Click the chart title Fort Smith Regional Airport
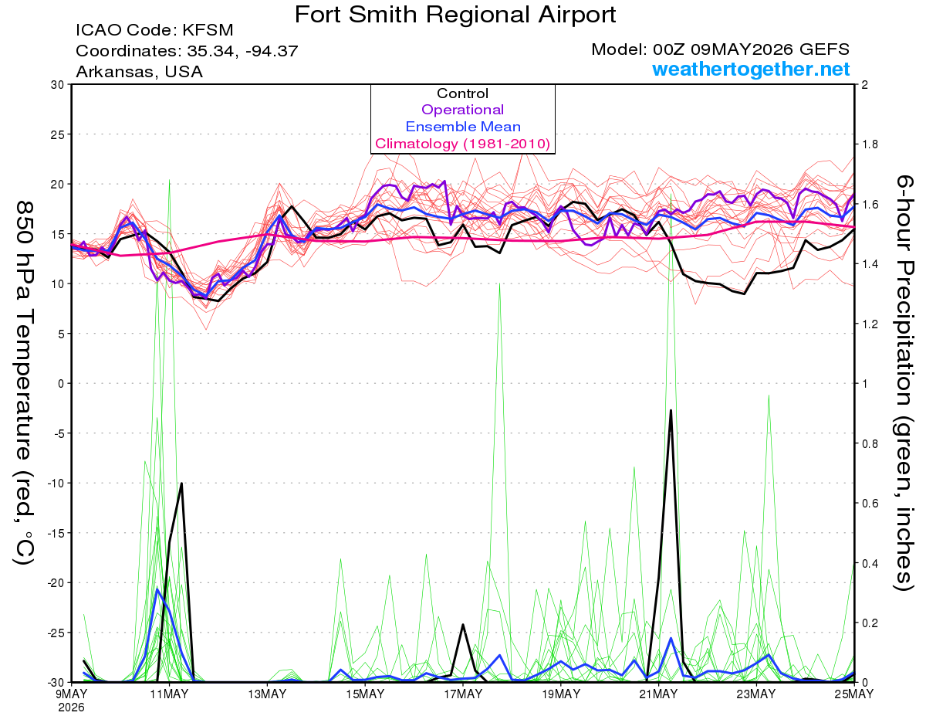455,15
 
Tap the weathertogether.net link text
751,69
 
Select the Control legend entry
462,93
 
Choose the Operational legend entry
462,110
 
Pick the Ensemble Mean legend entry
463,127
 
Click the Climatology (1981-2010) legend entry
462,144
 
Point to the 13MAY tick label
267,694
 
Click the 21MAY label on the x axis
658,694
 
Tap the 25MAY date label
854,694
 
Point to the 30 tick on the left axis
58,84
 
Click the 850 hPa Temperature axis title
24,383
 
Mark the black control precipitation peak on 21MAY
671,410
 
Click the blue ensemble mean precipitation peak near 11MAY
157,589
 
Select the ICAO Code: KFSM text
154,30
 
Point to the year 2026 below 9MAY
71,708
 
